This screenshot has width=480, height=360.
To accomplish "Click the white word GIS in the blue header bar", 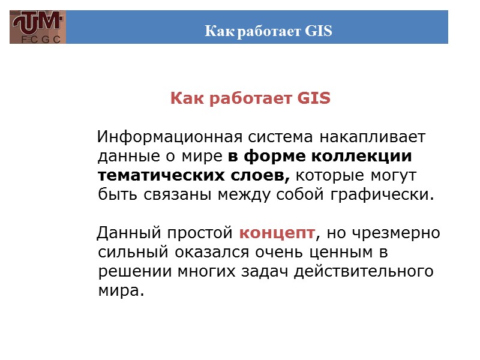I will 318,31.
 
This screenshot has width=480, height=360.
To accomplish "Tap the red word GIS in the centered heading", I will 313,98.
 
